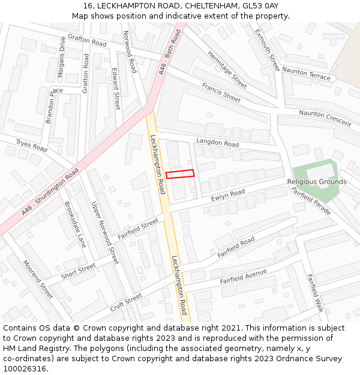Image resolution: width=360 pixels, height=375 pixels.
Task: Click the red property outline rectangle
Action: (180, 174)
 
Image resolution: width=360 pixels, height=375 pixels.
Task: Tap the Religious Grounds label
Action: (316, 182)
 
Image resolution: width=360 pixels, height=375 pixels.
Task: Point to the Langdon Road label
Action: (217, 142)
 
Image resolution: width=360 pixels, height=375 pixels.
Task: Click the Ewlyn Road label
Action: (228, 194)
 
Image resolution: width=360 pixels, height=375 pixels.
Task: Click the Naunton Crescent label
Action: (325, 118)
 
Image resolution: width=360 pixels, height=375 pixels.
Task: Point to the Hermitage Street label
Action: (227, 70)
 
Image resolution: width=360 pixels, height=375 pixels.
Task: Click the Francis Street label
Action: (221, 92)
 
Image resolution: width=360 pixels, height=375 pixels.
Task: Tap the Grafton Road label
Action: (87, 40)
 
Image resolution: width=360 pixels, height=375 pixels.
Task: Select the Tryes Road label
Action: (31, 145)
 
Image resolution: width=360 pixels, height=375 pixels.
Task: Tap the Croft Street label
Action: (126, 302)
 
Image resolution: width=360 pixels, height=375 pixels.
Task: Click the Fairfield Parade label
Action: (311, 202)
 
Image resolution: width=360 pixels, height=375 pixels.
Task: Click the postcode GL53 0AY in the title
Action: (260, 6)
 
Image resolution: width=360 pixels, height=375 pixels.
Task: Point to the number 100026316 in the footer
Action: (25, 369)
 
